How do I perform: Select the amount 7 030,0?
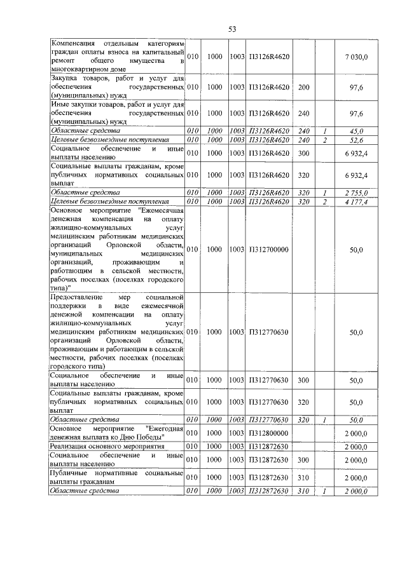[x=356, y=57]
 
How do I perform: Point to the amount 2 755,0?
[x=356, y=192]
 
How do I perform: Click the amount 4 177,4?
[x=356, y=201]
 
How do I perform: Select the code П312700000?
[x=268, y=250]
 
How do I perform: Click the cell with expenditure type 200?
[x=304, y=87]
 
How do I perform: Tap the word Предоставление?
[x=79, y=297]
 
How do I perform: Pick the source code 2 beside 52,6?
[x=324, y=140]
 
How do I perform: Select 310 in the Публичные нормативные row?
[x=304, y=477]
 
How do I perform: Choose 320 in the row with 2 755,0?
[x=304, y=192]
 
